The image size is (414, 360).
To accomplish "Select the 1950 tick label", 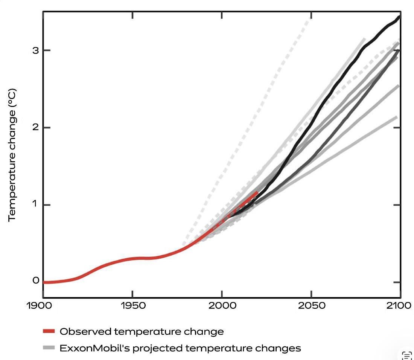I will [134, 305].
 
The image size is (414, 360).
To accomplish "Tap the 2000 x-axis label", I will [223, 305].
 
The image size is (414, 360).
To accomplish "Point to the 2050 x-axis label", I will [312, 305].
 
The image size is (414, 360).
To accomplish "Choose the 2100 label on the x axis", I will [399, 305].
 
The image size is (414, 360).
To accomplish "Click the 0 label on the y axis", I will [36, 281].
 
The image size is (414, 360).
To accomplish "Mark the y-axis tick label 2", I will [36, 127].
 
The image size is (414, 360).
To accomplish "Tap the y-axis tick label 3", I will [36, 50].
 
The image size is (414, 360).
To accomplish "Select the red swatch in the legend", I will [49, 331].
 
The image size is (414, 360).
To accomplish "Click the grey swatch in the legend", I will [49, 348].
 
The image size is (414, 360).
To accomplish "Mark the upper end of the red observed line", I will [257, 192].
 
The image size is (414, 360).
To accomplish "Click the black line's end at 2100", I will [399, 17].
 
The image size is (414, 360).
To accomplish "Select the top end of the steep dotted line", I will [311, 17].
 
